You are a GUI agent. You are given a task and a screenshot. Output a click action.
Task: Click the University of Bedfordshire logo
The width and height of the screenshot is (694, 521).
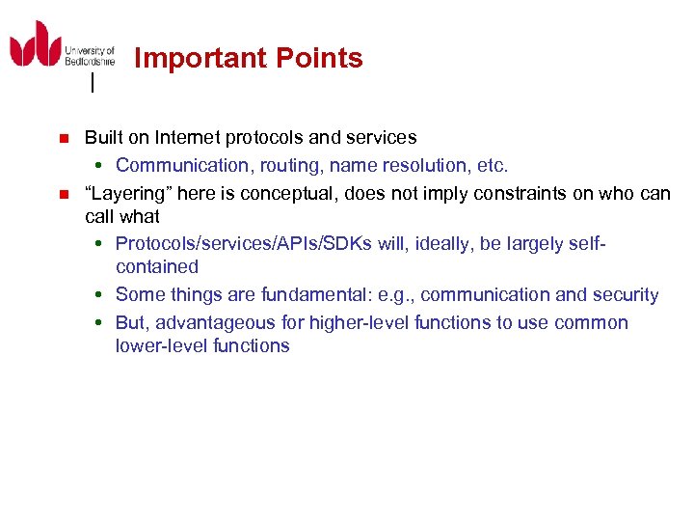61,45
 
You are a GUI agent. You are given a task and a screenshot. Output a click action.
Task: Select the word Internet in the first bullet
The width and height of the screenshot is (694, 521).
192,138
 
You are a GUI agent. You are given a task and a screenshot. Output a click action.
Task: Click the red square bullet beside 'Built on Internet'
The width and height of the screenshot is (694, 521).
64,139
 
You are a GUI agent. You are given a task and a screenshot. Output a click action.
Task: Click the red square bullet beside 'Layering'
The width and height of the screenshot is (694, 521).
64,194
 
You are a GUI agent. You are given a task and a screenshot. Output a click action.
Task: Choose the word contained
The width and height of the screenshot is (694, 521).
156,267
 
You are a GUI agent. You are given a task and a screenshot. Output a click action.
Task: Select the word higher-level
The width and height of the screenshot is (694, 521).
366,323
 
